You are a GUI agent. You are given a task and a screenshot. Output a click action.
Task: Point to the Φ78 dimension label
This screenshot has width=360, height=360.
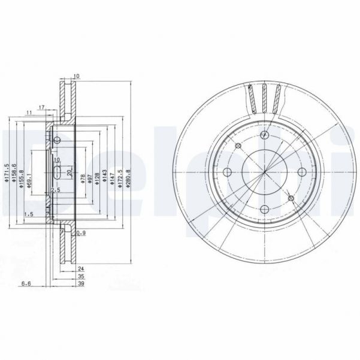coord(82,180)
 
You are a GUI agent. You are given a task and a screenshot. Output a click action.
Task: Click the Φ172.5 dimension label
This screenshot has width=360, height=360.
coord(120,179)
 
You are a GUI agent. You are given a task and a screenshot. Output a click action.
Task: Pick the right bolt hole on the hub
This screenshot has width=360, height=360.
coord(300,173)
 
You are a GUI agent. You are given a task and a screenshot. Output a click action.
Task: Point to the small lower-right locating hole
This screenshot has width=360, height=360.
coord(291,199)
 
